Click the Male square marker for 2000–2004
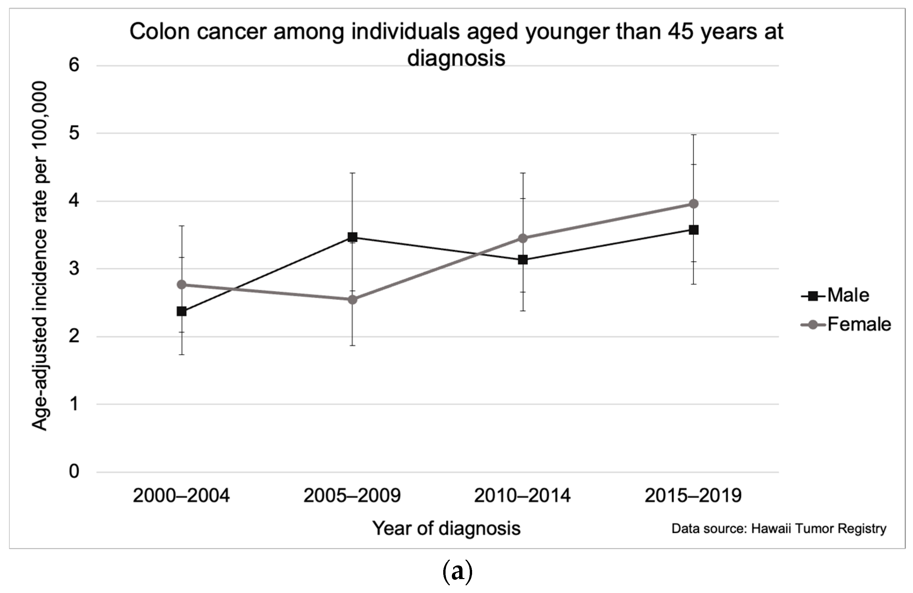(182, 311)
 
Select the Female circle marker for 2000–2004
(182, 285)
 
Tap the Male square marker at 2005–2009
(352, 237)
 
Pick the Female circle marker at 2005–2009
(352, 299)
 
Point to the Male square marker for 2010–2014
(523, 260)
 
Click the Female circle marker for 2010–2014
(523, 238)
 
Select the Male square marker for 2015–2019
(694, 230)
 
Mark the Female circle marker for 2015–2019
(694, 204)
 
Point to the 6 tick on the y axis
(74, 65)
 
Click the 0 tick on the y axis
(74, 471)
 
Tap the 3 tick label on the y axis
(74, 269)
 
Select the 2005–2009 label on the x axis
(352, 496)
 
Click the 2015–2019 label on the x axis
(693, 496)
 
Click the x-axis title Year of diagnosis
(446, 528)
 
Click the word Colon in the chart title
(160, 32)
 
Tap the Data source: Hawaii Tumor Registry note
(779, 529)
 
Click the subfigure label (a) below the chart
(457, 572)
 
